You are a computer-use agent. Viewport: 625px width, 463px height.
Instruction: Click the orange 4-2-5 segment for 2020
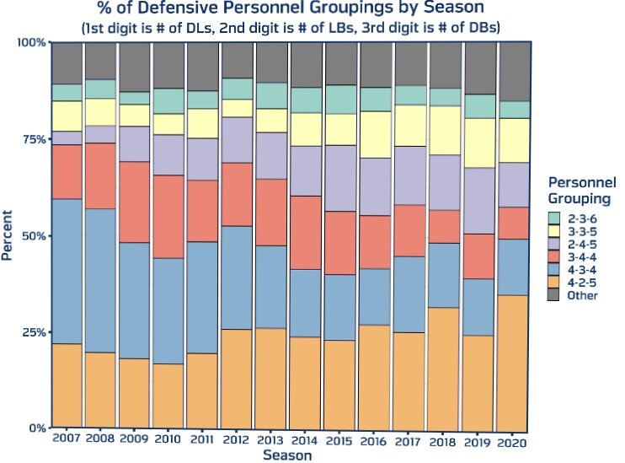[x=514, y=361]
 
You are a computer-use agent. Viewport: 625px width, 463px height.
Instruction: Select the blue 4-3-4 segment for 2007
[x=67, y=272]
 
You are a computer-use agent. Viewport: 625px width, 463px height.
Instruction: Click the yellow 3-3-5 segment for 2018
[x=445, y=131]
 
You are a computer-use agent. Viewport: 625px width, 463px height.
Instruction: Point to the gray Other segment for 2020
[x=514, y=72]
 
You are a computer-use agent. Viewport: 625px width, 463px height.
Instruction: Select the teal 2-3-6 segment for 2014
[x=306, y=100]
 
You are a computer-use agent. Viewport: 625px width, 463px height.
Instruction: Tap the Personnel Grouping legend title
[x=579, y=190]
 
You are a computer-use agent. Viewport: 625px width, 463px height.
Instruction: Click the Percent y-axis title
[x=8, y=236]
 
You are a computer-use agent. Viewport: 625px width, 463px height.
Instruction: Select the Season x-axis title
[x=286, y=455]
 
